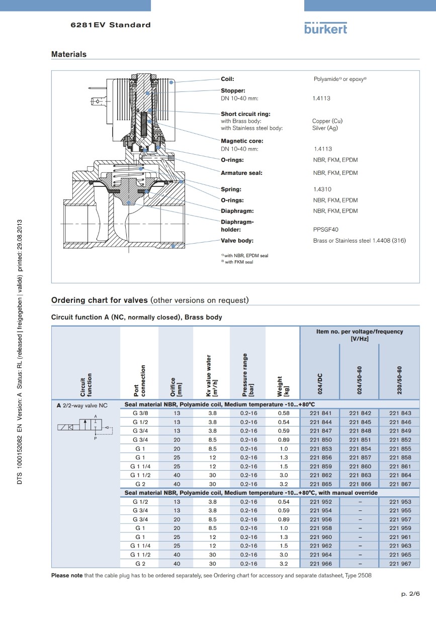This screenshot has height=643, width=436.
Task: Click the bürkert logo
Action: pos(325,28)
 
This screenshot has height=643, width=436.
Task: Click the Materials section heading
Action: pos(69,54)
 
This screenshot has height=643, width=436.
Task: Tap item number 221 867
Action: pos(400,484)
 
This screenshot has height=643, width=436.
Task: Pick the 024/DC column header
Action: pos(320,384)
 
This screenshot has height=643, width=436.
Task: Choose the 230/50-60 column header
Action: pos(399,380)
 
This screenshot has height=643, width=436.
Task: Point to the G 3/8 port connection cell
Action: pos(140,413)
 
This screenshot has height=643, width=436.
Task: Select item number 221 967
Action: pos(400,564)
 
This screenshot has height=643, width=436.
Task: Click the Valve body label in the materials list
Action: pos(237,241)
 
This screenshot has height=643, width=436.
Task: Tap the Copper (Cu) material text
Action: pos(327,121)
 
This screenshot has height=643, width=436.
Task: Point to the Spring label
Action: pos(231,189)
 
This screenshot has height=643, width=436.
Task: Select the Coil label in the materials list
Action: pos(227,79)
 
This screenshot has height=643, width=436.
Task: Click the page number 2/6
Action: pos(410,594)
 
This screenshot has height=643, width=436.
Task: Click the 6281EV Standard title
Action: pos(111,25)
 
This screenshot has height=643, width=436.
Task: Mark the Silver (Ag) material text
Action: pos(325,128)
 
